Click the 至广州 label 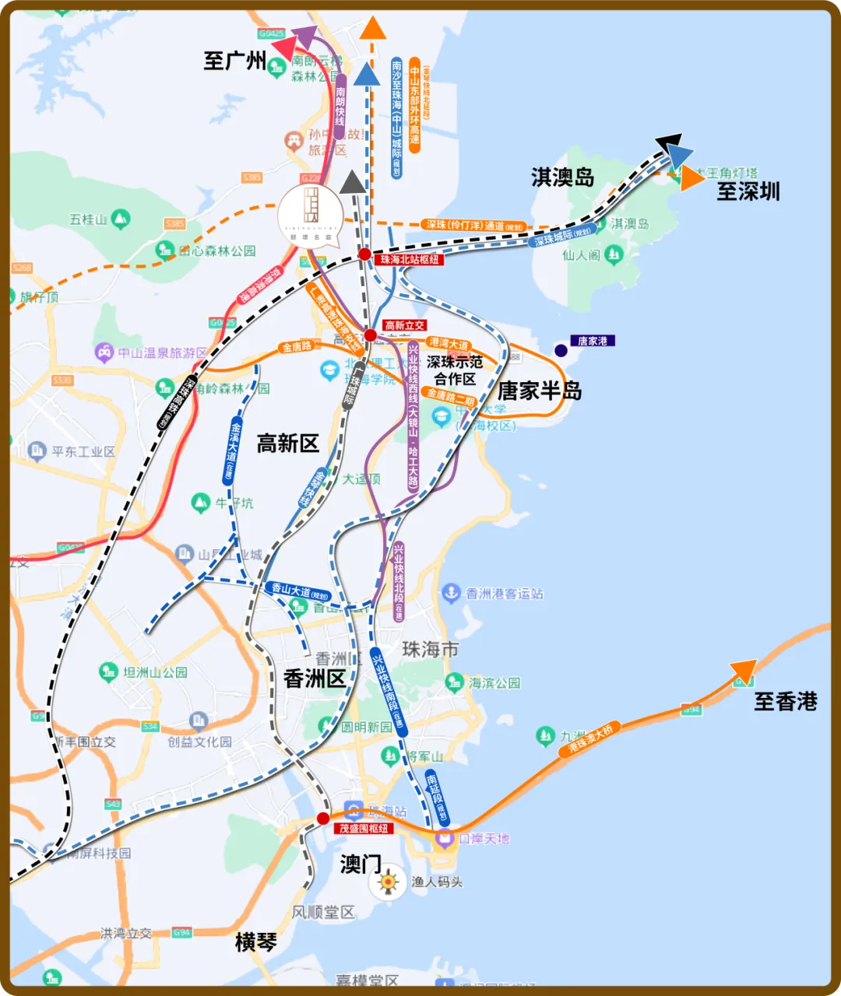click(x=234, y=61)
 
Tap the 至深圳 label click(x=748, y=191)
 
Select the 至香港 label click(x=785, y=702)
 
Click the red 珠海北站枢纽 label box click(x=409, y=260)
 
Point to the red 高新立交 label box click(x=405, y=325)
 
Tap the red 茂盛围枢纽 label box click(x=363, y=829)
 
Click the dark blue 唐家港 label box click(x=593, y=341)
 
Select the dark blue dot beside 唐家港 click(x=561, y=351)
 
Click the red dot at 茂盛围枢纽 click(x=323, y=818)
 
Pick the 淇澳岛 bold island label click(x=562, y=177)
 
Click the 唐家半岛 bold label click(x=540, y=391)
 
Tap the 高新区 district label click(x=288, y=444)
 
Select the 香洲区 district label click(x=315, y=679)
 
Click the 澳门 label click(x=361, y=864)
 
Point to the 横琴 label click(x=256, y=942)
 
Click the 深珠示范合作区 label click(x=455, y=370)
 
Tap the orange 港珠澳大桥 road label click(x=591, y=738)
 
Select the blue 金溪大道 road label click(x=231, y=451)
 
